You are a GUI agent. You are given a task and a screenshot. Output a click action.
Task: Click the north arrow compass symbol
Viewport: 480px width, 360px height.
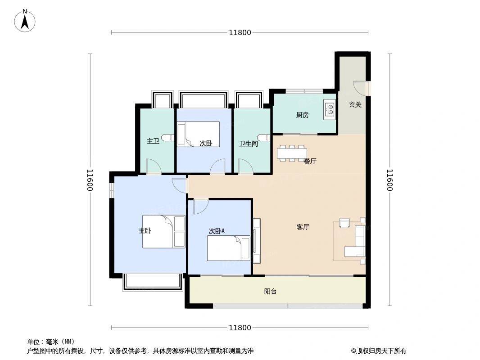point(25,21)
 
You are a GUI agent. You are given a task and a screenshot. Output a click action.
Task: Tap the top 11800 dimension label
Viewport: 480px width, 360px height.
point(240,32)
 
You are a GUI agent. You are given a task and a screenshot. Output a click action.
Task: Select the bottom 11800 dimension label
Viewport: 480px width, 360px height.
point(240,328)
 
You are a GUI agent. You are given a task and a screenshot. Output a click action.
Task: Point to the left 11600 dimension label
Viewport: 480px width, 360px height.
point(90,180)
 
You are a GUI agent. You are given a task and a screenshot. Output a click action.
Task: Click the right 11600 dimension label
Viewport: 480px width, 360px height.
point(389,180)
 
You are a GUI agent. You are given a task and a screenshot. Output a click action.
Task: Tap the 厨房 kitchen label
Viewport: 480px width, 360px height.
point(303,115)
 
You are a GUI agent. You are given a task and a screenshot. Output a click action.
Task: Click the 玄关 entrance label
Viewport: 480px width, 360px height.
point(355,104)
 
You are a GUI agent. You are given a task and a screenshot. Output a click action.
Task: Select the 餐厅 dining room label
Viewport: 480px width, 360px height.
point(310,161)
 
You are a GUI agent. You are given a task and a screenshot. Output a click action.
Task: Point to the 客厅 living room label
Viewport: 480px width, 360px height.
point(303,227)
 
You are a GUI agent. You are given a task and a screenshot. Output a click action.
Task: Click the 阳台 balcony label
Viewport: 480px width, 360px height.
point(270,292)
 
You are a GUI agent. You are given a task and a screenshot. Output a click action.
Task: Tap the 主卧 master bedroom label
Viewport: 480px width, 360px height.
point(145,230)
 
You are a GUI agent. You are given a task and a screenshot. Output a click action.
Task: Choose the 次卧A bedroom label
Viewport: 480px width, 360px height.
point(217,231)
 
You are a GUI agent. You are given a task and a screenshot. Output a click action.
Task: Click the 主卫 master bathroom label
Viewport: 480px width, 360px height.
point(153,141)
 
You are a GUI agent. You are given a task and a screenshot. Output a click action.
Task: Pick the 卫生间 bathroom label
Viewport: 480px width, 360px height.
point(249,144)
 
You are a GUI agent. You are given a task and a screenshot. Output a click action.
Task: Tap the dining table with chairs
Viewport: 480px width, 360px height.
point(292,153)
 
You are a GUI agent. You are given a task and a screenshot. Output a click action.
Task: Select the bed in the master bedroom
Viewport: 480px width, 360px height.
point(164,231)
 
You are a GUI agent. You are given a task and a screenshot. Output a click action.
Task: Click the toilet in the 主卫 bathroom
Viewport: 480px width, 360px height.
point(169,138)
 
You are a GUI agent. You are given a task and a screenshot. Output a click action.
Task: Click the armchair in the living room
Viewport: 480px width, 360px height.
point(345,223)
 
